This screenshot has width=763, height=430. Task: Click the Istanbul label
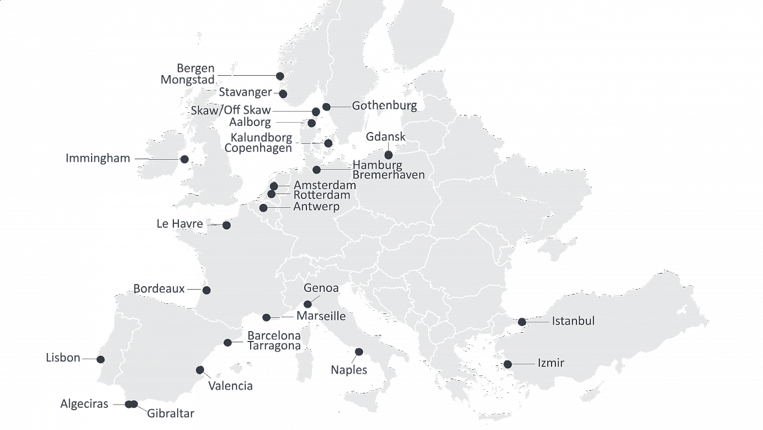573,321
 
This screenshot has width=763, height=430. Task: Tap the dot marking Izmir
507,364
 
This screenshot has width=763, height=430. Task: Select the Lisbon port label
63,359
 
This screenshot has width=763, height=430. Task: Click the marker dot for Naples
359,352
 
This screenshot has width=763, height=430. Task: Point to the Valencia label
230,386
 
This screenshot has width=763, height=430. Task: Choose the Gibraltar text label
171,413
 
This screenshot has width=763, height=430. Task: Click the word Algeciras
84,405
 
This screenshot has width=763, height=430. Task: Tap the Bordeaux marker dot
206,290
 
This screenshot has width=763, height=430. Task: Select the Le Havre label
180,224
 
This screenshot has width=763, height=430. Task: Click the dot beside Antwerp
263,208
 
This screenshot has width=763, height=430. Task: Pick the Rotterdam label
321,195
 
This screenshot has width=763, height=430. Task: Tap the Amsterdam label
325,185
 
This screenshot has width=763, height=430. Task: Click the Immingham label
98,159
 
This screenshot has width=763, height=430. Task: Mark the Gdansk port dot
389,154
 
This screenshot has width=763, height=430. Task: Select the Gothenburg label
384,106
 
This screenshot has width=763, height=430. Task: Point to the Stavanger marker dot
283,93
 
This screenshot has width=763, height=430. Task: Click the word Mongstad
187,81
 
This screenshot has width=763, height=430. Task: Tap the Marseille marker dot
267,318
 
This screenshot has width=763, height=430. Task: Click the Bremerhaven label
389,175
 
